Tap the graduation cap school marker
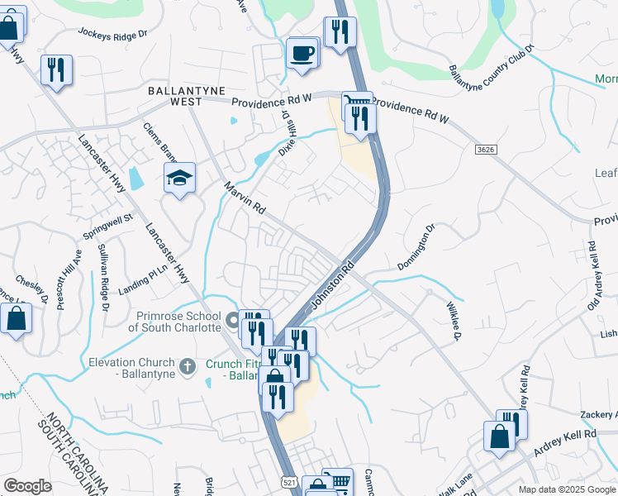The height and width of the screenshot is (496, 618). [179, 177]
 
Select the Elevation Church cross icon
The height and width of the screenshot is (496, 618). [188, 364]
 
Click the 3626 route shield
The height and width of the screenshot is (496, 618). [487, 149]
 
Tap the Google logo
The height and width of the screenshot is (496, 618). [27, 486]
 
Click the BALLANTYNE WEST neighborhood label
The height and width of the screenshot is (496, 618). [176, 95]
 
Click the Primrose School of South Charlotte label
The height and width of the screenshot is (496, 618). [174, 321]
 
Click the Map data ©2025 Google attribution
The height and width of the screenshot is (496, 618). [566, 489]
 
